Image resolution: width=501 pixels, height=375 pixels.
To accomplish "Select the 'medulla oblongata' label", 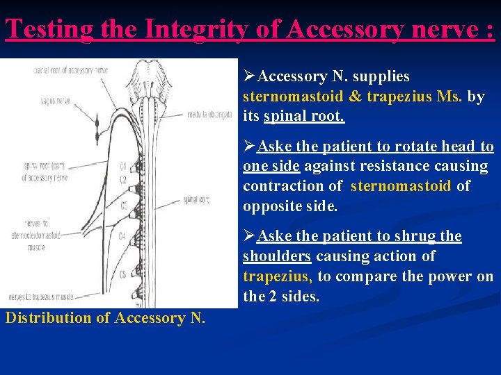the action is pos(209,115).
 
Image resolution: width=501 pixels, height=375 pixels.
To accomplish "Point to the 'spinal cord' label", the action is pos(197,200).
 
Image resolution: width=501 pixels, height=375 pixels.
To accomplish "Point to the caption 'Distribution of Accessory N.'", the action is pos(105,318).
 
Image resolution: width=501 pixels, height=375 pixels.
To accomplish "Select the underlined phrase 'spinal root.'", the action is pos(304,116).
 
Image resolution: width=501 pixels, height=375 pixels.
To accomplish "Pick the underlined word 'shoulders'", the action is pos(276,256).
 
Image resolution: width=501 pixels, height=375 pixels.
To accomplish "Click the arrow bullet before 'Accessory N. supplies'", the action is pos(250,76).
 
